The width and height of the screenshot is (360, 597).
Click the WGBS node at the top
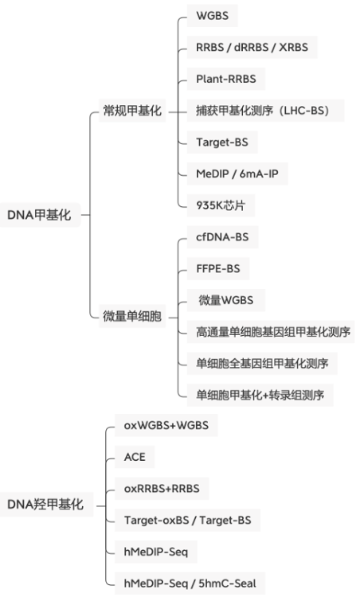point(212,16)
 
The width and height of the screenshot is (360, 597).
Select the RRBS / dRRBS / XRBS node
point(252,47)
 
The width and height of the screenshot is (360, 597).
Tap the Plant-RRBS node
point(226,79)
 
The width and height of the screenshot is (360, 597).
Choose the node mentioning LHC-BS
point(265,111)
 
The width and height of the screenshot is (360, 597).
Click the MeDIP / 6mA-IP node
point(237,174)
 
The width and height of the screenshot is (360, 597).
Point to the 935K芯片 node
point(221,205)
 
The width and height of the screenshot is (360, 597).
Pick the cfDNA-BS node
point(222,237)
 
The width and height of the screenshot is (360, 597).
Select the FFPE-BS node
point(218,268)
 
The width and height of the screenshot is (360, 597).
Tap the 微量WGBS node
point(226,300)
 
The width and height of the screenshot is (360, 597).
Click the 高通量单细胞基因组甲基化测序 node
point(271,332)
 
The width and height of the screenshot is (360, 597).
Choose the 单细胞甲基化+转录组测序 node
point(260,395)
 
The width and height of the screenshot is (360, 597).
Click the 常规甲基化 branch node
point(132,111)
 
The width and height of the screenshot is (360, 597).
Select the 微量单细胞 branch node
point(132,316)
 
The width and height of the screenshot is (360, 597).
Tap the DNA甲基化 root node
point(41,215)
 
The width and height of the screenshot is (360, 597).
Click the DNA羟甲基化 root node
point(46,504)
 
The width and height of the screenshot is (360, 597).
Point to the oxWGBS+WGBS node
point(166,425)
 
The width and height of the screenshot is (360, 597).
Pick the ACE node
point(135,457)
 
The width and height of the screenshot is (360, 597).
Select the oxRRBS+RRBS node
point(162,489)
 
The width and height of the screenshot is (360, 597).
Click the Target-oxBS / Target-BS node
point(187,520)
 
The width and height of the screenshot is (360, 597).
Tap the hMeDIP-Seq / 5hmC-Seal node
point(190,583)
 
